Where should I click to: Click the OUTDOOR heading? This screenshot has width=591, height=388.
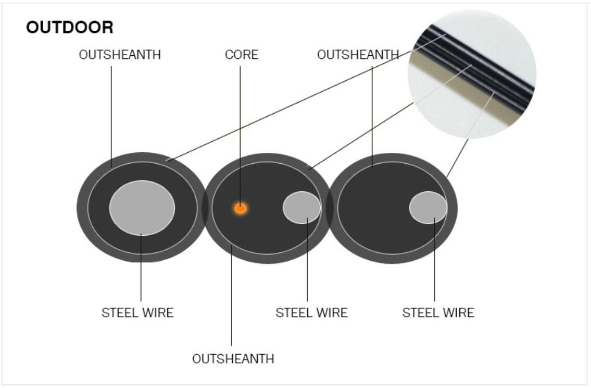coord(70,27)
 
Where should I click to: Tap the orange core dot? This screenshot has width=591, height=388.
coord(241,209)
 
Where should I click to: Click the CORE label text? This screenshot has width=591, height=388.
coord(242,55)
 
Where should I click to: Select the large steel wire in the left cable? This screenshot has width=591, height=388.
coord(142,208)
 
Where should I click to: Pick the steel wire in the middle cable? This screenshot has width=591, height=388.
coord(302,208)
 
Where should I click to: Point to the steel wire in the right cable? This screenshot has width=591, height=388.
coord(428,208)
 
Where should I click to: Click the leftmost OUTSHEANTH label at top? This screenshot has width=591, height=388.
coord(120,55)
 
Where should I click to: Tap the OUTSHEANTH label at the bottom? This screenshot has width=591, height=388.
coord(233,359)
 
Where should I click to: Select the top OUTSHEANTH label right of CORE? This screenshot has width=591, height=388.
coord(358,55)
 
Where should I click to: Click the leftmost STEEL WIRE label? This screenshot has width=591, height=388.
coord(137,312)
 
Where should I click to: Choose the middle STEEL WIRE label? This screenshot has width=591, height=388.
coord(312,312)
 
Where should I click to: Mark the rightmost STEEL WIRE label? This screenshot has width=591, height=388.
coord(438,312)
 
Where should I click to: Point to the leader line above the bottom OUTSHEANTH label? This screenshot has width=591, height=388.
coord(231,295)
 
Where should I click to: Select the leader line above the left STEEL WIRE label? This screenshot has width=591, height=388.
coord(141,268)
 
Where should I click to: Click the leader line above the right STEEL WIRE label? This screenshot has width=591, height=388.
coord(435,260)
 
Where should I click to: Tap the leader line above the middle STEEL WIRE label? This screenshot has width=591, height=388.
coord(307,260)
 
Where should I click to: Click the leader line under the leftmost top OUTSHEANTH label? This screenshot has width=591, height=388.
coord(111,117)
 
